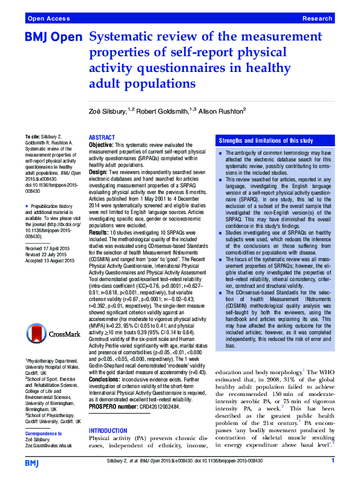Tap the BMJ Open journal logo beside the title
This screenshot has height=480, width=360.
point(53,38)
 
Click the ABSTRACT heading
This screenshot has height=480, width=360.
point(102,138)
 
